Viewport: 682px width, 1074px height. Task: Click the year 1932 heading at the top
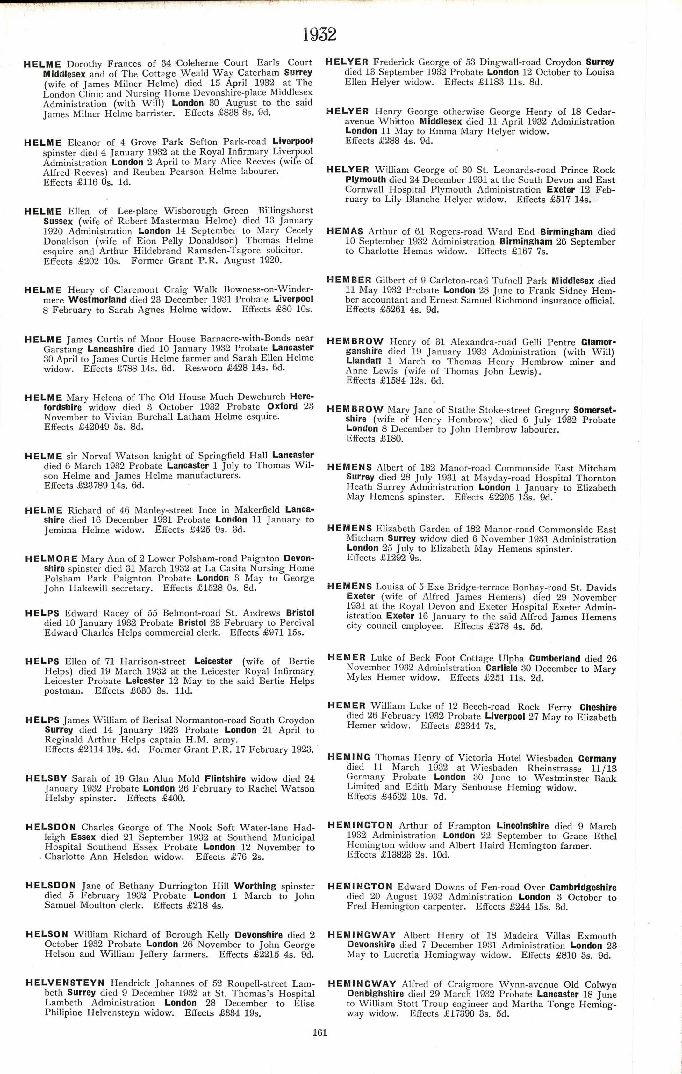(x=319, y=34)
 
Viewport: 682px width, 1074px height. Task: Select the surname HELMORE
(x=52, y=559)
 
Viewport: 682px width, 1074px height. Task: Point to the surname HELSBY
(x=47, y=778)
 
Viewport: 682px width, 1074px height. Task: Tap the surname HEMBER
(x=349, y=280)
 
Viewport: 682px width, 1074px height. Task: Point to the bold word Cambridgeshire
(x=583, y=888)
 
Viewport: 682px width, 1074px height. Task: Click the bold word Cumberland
(x=555, y=658)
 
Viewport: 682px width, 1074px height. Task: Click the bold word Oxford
(x=282, y=406)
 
